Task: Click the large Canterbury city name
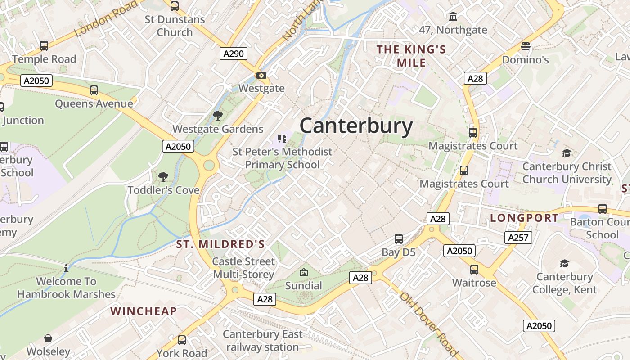(x=356, y=126)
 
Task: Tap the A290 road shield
(x=234, y=54)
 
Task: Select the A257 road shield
(x=518, y=237)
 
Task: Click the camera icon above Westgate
(x=261, y=75)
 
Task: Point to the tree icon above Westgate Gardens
(x=218, y=116)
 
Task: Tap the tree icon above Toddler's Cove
(x=163, y=177)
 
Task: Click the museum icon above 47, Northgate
(x=453, y=17)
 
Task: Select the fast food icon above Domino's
(x=525, y=46)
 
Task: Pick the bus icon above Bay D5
(x=398, y=239)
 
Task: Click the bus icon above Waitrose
(x=474, y=270)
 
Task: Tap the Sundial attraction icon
(x=304, y=272)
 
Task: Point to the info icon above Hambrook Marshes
(x=66, y=268)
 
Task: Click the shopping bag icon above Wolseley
(x=48, y=338)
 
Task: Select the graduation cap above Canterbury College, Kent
(x=564, y=263)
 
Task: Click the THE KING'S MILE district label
(x=411, y=56)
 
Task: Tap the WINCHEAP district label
(x=144, y=311)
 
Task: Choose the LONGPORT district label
(x=524, y=218)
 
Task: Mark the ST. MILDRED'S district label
(x=220, y=244)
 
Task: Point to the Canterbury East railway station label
(x=262, y=341)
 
